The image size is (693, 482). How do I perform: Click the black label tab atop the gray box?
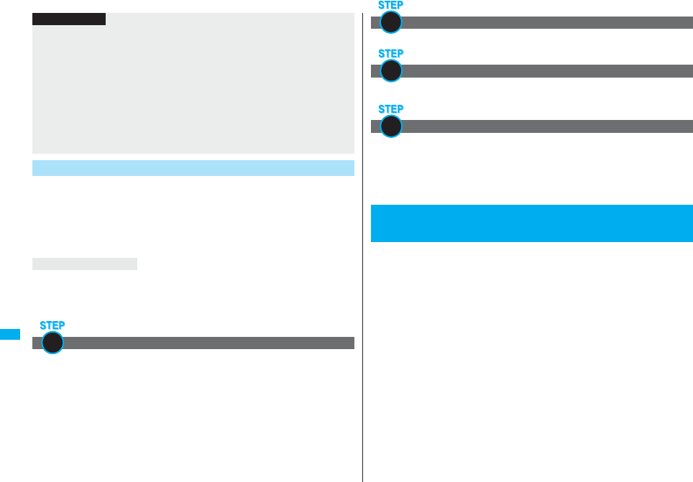click(x=69, y=19)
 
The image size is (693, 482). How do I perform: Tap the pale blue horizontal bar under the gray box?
click(x=193, y=168)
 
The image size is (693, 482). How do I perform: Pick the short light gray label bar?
click(x=85, y=264)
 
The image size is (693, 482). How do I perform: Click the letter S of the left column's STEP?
click(x=42, y=325)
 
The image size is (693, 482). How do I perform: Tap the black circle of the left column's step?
click(x=52, y=343)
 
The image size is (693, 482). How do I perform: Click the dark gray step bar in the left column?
click(x=208, y=343)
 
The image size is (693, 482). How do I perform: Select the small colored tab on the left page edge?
click(x=10, y=335)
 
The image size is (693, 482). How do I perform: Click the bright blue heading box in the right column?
click(x=531, y=223)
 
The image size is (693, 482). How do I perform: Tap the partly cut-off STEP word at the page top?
click(x=390, y=4)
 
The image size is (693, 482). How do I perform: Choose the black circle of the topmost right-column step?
click(x=390, y=22)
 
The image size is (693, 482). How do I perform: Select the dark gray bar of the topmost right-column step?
click(x=546, y=22)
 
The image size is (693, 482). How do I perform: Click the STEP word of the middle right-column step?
click(x=390, y=54)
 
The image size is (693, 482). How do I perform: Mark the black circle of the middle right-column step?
click(x=390, y=71)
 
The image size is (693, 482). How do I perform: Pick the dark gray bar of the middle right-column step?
click(x=546, y=71)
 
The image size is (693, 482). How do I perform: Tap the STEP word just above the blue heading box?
click(x=390, y=109)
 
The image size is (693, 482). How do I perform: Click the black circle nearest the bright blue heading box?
click(x=390, y=126)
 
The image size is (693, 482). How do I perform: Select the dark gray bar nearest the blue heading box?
click(x=546, y=126)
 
